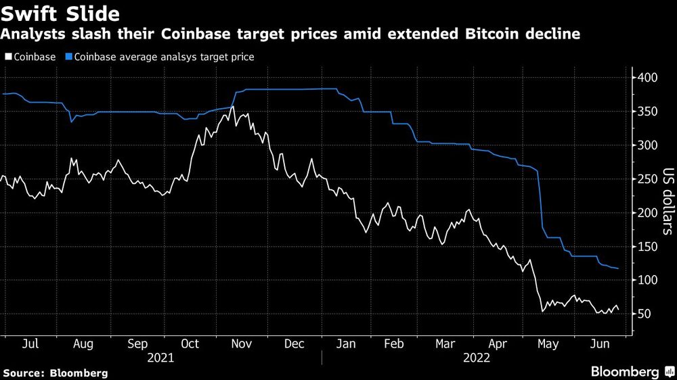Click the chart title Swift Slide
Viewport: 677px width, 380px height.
pyautogui.click(x=61, y=14)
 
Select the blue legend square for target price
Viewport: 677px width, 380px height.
pyautogui.click(x=69, y=57)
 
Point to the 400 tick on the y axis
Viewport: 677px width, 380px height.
pyautogui.click(x=647, y=78)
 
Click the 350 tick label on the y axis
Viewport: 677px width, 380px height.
pyautogui.click(x=647, y=112)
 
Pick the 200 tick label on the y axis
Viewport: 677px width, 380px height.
pyautogui.click(x=647, y=213)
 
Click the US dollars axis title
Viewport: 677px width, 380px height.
pyautogui.click(x=668, y=201)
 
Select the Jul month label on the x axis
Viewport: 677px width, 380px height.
pyautogui.click(x=30, y=344)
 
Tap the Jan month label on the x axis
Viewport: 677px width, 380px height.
pyautogui.click(x=345, y=344)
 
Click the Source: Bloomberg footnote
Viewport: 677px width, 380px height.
pyautogui.click(x=56, y=373)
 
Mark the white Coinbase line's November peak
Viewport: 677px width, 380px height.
pyautogui.click(x=233, y=106)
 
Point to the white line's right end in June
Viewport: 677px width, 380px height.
pyautogui.click(x=617, y=309)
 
